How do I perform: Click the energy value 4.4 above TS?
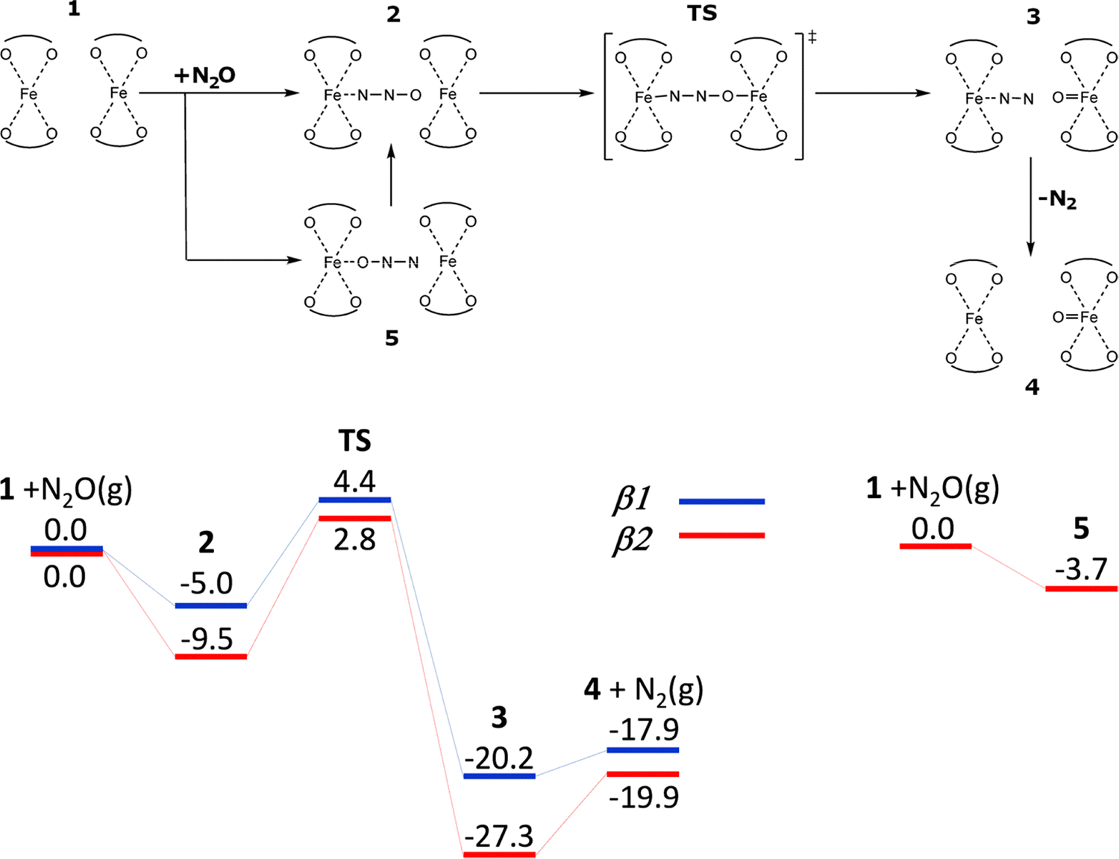[x=354, y=482]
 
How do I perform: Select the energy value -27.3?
[x=499, y=837]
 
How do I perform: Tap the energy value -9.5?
[x=207, y=639]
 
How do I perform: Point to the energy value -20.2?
[x=499, y=758]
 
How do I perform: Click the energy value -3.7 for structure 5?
[x=1081, y=570]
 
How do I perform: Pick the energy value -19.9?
[x=644, y=797]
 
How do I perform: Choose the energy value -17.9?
[x=644, y=729]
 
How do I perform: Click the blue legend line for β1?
[x=721, y=502]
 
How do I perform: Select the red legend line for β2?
[x=721, y=535]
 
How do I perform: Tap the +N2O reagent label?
[x=204, y=76]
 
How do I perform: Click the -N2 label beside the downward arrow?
[x=1057, y=199]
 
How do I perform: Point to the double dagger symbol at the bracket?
[x=812, y=37]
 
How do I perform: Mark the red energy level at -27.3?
[x=499, y=855]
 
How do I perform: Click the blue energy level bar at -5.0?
[x=210, y=605]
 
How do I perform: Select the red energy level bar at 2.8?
[x=354, y=518]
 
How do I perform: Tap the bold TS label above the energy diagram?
[x=354, y=441]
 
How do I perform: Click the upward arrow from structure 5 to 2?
[x=391, y=175]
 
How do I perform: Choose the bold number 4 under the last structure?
[x=1032, y=387]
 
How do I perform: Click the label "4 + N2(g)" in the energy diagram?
[x=643, y=690]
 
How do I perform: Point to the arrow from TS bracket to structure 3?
[x=873, y=93]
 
